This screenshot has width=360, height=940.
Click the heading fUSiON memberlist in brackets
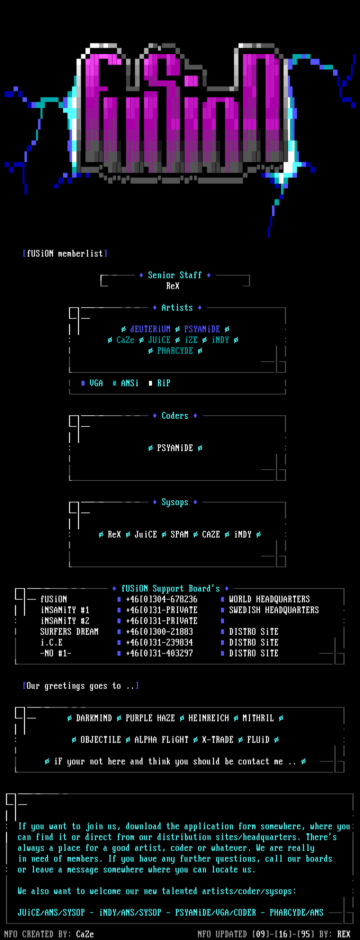65,254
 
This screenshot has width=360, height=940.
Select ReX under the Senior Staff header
172,286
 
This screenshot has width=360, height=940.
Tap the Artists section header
177,308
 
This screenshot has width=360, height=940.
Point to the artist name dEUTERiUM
150,329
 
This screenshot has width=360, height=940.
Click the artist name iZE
191,340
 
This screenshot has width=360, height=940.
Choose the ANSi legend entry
129,383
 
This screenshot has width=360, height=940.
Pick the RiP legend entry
163,383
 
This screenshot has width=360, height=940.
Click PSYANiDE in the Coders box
174,448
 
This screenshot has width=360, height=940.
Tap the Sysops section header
174,502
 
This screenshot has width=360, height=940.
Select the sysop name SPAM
179,535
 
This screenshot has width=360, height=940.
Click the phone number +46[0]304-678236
161,599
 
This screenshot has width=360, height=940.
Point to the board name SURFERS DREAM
69,632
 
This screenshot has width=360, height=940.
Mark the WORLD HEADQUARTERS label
269,599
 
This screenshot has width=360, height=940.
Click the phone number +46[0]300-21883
159,632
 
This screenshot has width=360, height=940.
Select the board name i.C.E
51,642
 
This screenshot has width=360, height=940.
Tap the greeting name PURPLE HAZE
150,718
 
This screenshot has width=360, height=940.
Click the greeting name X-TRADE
217,740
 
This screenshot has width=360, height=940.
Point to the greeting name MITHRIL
258,718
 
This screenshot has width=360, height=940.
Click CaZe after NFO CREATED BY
85,934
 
